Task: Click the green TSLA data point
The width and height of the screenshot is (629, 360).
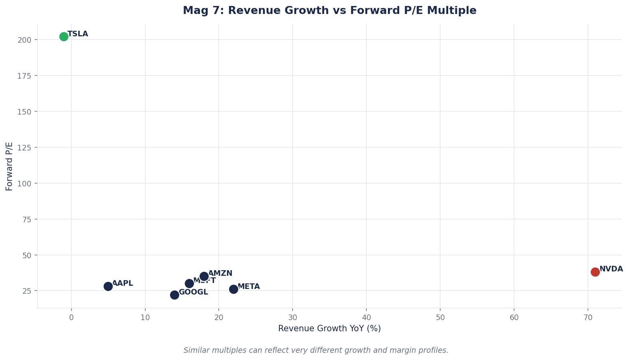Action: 64,37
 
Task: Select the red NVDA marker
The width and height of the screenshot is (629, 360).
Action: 595,272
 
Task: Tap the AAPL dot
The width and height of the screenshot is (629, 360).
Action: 108,287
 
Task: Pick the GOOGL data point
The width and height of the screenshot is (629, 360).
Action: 174,295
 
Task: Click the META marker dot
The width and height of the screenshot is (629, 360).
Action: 233,289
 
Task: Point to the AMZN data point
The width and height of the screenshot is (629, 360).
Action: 204,276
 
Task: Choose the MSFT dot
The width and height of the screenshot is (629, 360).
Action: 189,283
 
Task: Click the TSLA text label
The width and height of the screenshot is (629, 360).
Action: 78,34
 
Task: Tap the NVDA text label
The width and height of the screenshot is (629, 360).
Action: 611,269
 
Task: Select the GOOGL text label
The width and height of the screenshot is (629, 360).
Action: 193,292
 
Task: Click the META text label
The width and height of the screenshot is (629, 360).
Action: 249,287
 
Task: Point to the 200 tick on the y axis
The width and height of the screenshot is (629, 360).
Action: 26,40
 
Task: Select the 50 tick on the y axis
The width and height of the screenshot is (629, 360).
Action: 28,255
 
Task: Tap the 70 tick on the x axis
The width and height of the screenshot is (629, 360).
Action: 587,318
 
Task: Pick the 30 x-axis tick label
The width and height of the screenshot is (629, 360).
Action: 293,318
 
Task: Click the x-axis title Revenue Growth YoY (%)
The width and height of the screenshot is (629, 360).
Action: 329,328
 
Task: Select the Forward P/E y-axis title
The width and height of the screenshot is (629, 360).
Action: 9,166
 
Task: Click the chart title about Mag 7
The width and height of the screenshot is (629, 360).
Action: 329,11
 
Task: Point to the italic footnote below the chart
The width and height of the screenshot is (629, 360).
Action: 316,350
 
